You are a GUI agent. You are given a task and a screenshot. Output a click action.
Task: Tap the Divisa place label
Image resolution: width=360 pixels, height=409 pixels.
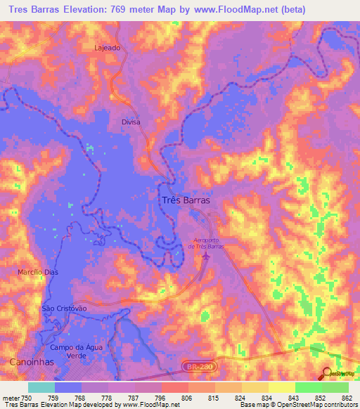click(131, 122)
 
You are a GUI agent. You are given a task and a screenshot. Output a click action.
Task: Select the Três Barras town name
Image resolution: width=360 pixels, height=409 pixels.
click(186, 199)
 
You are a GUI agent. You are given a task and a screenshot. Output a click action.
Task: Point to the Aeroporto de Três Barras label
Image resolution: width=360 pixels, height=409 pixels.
click(205, 242)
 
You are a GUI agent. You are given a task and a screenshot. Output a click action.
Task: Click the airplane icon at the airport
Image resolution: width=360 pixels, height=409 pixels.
click(206, 257)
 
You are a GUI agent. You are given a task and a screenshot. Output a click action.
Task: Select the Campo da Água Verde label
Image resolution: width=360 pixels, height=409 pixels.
click(72, 352)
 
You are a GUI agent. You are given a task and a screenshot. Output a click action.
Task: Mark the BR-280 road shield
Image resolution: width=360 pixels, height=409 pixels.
click(210, 367)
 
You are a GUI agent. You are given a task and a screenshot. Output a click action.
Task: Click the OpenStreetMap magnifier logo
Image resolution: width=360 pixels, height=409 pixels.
click(328, 373)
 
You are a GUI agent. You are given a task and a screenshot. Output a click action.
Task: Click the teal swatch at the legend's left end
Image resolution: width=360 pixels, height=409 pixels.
click(41, 387)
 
